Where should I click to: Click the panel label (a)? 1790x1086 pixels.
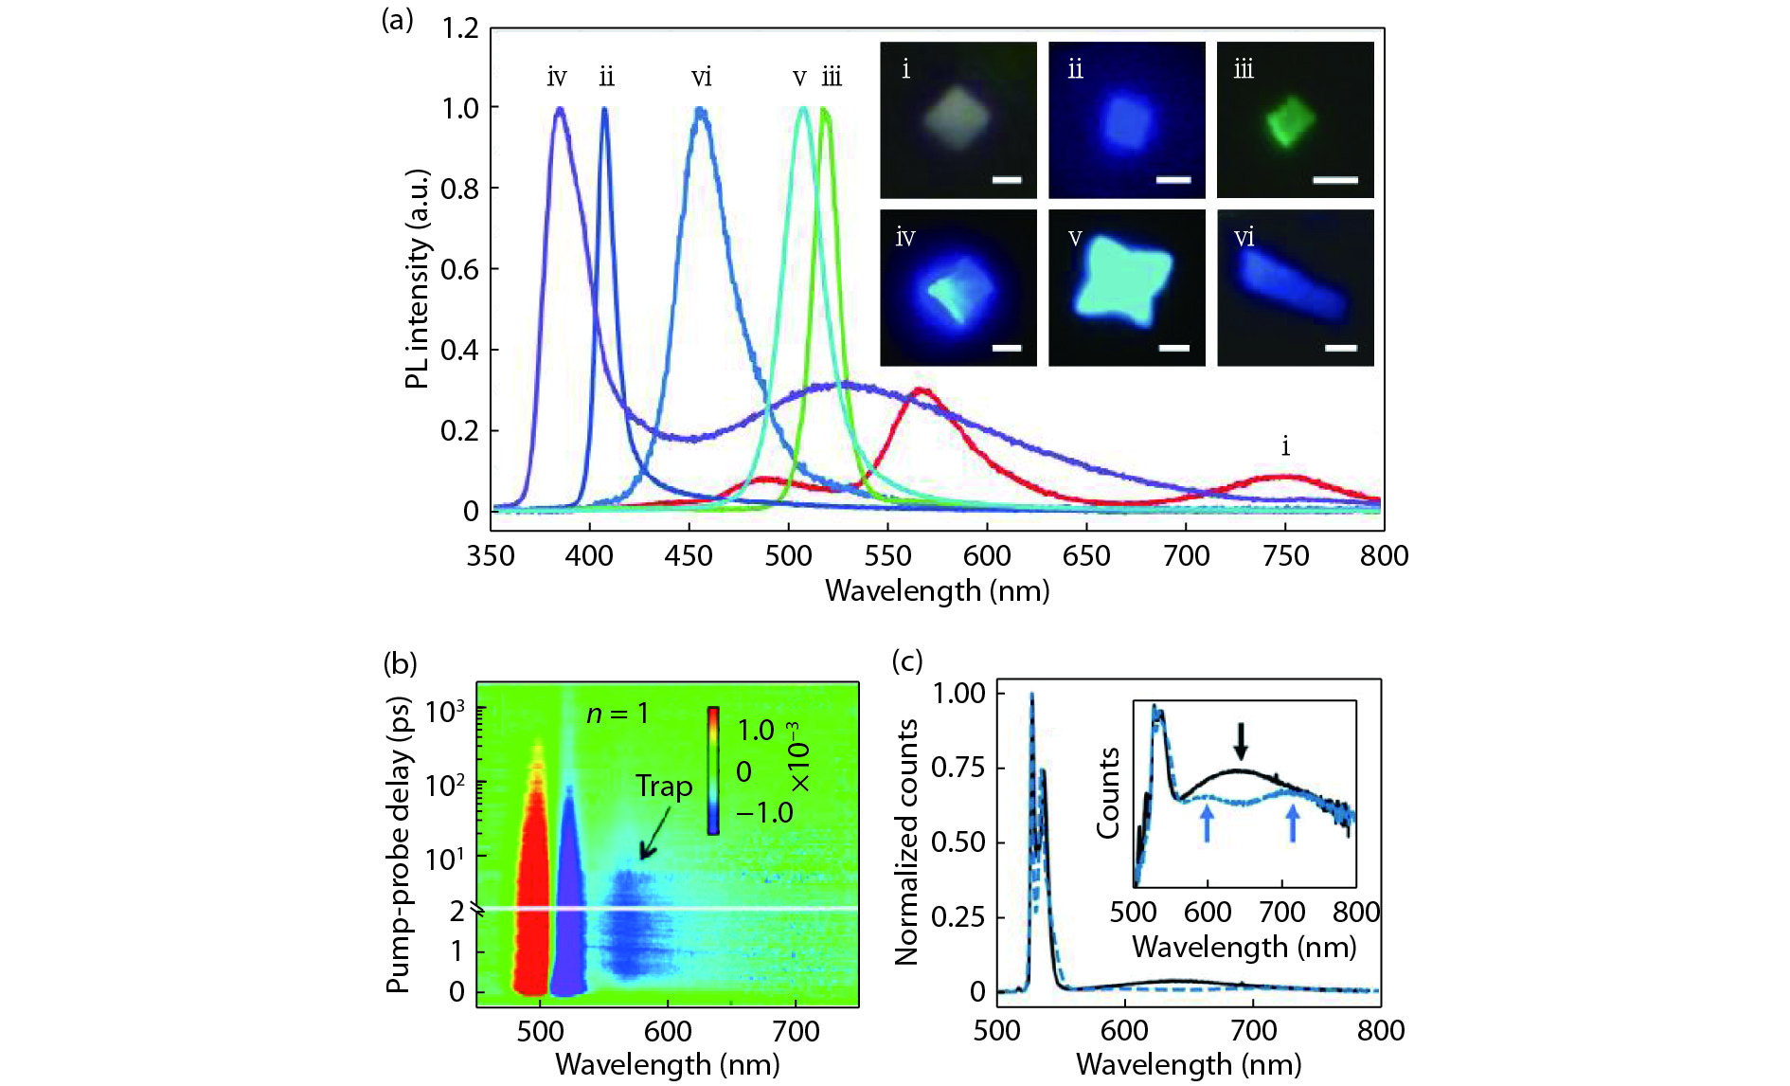point(397,20)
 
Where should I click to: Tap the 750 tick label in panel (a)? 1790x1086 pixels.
point(1285,555)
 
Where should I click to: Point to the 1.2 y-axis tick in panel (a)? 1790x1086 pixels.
point(460,28)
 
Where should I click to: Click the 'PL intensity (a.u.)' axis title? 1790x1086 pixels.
point(417,279)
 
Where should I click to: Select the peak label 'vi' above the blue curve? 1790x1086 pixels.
point(701,77)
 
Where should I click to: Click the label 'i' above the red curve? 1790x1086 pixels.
point(1285,445)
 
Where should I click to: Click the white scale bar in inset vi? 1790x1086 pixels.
point(1341,348)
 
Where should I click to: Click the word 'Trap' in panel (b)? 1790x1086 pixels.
point(664,787)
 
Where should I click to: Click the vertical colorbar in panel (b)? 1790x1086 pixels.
point(713,770)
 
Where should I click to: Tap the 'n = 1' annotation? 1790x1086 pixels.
point(618,714)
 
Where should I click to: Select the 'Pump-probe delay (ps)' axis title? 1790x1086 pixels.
point(399,844)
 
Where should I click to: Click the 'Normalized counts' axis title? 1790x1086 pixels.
point(906,842)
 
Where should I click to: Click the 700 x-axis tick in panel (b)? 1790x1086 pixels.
point(796,1030)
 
